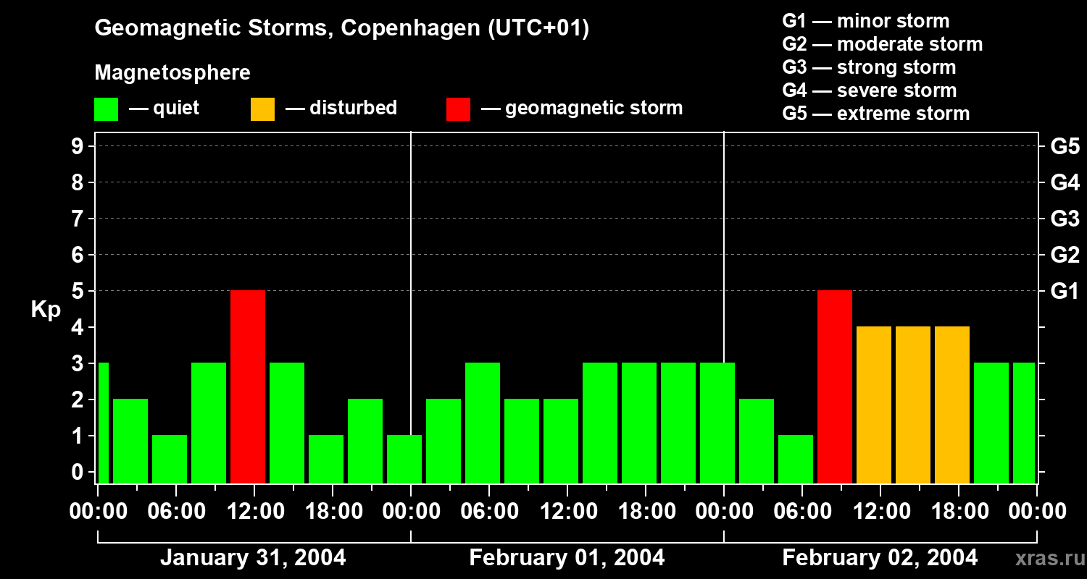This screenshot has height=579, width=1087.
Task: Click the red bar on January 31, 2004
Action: point(248,386)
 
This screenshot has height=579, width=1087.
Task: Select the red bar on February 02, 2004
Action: point(835,386)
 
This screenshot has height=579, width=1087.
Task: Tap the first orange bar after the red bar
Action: point(874,405)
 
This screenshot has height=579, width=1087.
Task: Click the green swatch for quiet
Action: point(106,109)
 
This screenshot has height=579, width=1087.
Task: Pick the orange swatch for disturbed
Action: point(262,109)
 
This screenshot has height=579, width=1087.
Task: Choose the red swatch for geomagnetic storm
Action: point(458,109)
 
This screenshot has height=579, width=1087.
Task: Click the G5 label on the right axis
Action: point(1065,147)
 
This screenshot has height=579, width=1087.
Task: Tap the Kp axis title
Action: point(46,310)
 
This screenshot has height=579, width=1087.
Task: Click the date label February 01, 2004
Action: point(567,558)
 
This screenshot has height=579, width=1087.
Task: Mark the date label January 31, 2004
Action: point(253,558)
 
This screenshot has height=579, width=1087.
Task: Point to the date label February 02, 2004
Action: point(880,558)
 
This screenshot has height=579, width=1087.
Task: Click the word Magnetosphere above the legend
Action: point(172,73)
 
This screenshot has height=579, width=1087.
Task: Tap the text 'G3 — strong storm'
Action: point(869,67)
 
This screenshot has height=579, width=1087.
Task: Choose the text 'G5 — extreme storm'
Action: point(875,114)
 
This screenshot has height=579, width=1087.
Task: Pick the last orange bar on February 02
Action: point(952,405)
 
